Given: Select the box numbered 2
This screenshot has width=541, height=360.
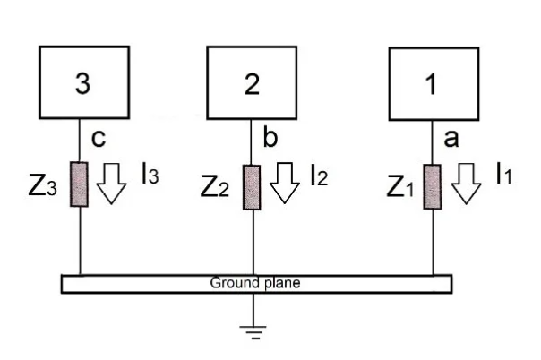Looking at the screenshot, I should pos(252,84).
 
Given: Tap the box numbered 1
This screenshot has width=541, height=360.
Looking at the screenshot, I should pos(433,84).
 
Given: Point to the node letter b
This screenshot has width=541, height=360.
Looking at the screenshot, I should pos(268,140).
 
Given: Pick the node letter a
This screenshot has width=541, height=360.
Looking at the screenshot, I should pos(451,140).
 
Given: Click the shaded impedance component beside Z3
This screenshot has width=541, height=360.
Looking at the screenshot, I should pos(82,184).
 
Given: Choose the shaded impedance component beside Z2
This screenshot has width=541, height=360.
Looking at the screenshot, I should pos(252,184).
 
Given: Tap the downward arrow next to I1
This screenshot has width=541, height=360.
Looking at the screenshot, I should pos(465,183).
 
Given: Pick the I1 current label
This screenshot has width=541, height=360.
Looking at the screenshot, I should pos(504,176).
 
